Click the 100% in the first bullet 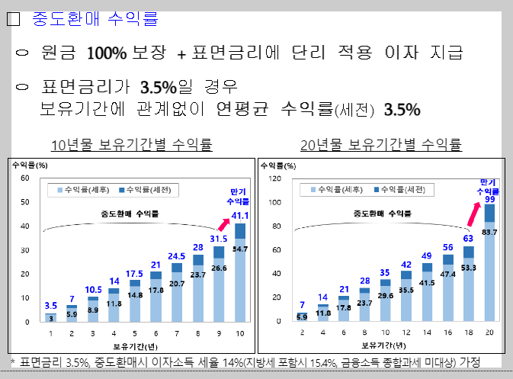point(107,53)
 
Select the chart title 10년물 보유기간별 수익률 point(131,145)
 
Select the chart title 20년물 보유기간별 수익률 point(380,145)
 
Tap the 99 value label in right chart point(489,199)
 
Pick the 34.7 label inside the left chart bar point(240,249)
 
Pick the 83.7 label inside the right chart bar point(489,232)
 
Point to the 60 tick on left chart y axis point(24,178)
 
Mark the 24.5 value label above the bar point(177,256)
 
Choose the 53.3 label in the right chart point(469,268)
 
